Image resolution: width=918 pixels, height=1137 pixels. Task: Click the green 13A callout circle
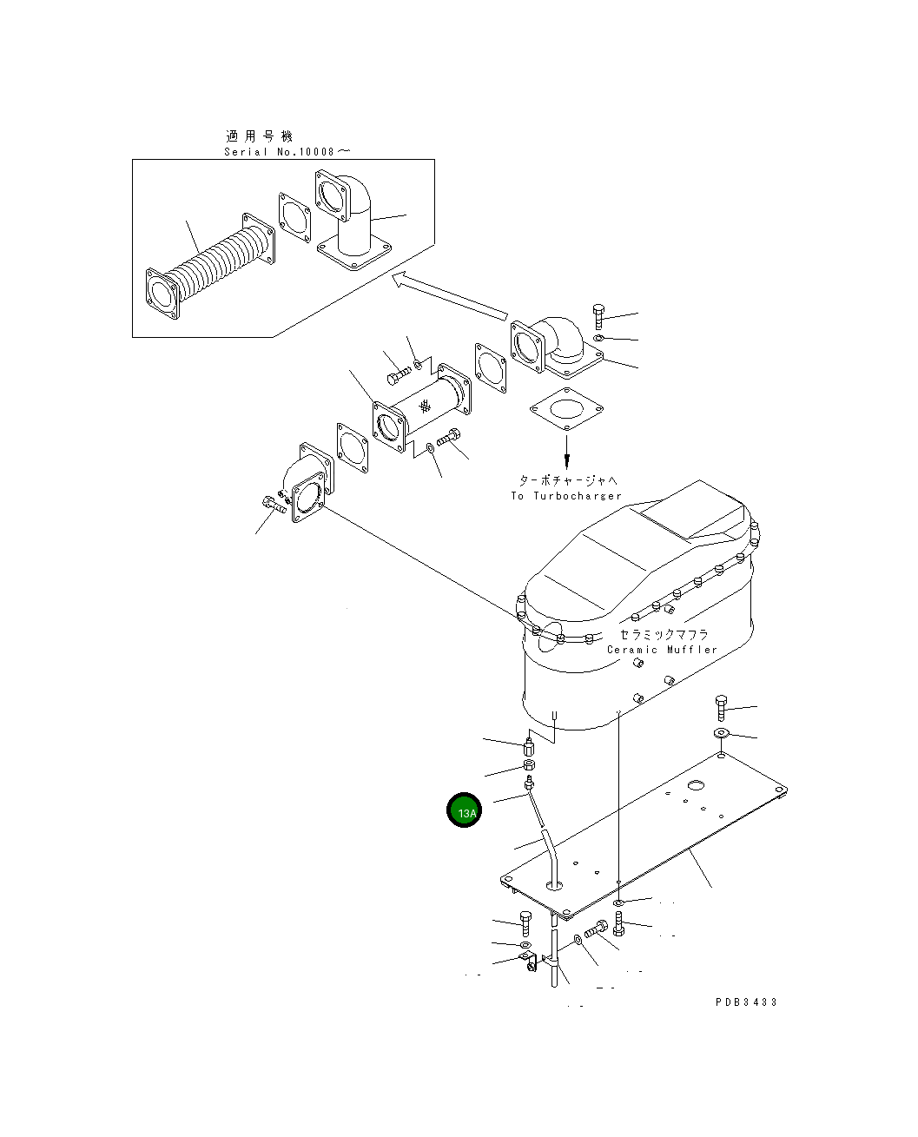tap(463, 810)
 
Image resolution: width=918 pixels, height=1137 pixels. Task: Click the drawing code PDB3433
tap(745, 1002)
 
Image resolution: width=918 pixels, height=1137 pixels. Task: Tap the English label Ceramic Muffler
tap(661, 650)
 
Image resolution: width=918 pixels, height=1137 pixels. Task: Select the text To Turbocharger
tap(566, 496)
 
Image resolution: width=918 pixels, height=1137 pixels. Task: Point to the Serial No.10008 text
tap(287, 152)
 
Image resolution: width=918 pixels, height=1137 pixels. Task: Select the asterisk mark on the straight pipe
tap(425, 407)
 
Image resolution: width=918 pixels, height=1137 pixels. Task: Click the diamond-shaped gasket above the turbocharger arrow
tap(566, 409)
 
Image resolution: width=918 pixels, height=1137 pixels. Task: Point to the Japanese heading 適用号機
tap(259, 136)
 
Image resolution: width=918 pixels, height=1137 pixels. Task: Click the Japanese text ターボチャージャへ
tap(568, 480)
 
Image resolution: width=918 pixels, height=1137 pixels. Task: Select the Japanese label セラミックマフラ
tap(664, 634)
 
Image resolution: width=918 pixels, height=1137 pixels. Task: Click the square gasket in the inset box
tap(294, 217)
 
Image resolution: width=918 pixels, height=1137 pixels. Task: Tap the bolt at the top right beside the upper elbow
tap(598, 317)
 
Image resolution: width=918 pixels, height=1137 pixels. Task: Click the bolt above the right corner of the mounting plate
tap(721, 709)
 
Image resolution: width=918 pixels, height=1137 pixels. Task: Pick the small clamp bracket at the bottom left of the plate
tap(527, 962)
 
